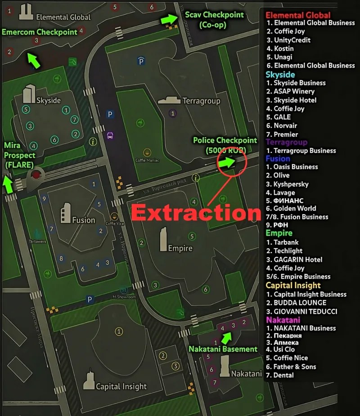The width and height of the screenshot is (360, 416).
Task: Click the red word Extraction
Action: point(196,213)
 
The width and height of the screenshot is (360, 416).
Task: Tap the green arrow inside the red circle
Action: point(227,162)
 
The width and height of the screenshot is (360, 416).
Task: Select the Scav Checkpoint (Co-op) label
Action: point(214,20)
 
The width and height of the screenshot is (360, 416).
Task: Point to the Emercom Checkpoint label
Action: point(40,32)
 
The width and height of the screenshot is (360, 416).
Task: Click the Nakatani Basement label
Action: point(223,349)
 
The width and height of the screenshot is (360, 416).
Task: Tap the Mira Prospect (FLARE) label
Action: point(19,155)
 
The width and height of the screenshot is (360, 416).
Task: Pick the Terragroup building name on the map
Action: point(201,101)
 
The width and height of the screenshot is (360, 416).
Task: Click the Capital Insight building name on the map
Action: point(121,386)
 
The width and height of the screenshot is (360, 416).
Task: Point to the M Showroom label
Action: point(124,297)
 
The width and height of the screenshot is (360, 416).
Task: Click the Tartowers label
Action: point(37,242)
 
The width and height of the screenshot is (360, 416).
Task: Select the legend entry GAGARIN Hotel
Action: point(298,259)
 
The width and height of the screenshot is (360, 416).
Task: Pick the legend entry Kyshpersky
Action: point(291,184)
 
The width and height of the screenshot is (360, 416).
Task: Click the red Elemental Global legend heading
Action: point(298,15)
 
